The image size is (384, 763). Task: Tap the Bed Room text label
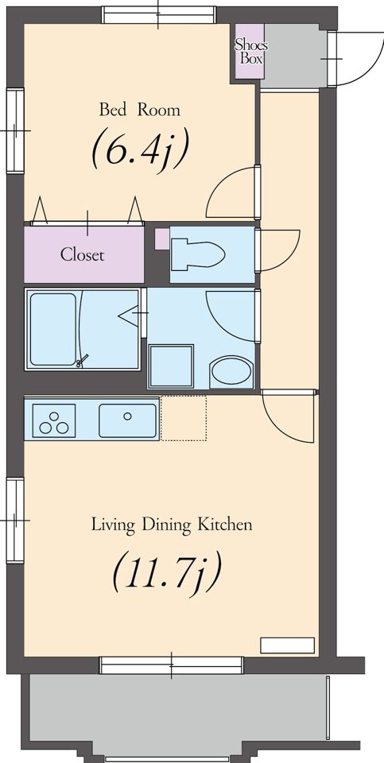pos(140,110)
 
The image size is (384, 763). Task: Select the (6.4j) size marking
pos(139,149)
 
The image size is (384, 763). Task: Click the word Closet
pos(82,254)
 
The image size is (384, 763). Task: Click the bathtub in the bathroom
pos(53,329)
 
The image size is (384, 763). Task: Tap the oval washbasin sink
pos(231,372)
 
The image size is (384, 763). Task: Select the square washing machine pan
pos(171,366)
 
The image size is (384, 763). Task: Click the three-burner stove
pos(53,421)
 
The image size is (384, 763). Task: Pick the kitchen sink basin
pos(127,420)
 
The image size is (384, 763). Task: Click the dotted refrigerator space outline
pos(184,419)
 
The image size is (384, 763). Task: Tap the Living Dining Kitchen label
pos(172,525)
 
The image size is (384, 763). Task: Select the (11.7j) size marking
pos(167,571)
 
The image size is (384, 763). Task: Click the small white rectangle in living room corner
pos(287,645)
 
